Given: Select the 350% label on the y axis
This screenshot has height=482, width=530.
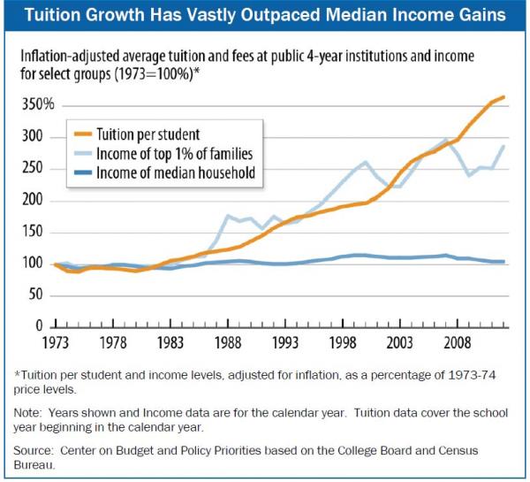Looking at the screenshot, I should coord(37,105).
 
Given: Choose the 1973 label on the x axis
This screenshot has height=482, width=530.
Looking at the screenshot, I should coord(56,342).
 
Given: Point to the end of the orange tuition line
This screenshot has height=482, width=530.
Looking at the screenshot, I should coord(504,96).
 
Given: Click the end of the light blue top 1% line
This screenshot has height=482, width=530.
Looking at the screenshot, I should coord(504,146).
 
